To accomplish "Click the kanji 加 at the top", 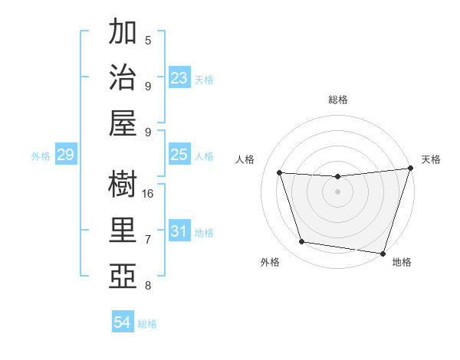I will click(123, 33).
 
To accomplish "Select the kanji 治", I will click(123, 79).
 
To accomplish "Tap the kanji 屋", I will click(123, 125).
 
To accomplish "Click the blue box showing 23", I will click(179, 78).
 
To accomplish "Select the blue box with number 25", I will click(179, 155).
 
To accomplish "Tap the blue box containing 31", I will click(179, 232).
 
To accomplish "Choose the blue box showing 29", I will click(65, 155).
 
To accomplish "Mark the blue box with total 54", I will click(123, 323).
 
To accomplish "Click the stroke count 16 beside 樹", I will click(149, 194).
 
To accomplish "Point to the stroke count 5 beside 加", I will click(148, 40).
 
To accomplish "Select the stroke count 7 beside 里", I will click(148, 240).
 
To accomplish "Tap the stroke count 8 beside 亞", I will click(148, 286).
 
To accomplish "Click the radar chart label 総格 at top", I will click(337, 100).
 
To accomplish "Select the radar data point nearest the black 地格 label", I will click(383, 253).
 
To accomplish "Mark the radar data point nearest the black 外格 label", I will click(301, 242).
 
